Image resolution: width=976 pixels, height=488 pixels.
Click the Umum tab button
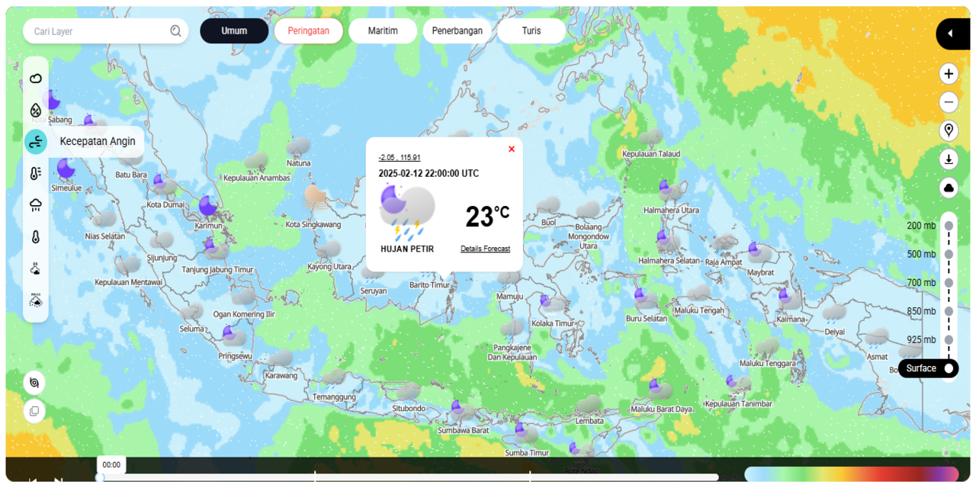pyautogui.click(x=234, y=31)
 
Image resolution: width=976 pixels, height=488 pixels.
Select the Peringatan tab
pyautogui.click(x=308, y=31)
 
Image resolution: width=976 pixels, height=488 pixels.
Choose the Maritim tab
pyautogui.click(x=383, y=31)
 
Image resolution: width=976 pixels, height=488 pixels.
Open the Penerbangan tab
pyautogui.click(x=457, y=31)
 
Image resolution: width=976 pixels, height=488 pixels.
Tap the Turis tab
pyautogui.click(x=531, y=31)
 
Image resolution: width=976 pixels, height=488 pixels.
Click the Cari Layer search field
pyautogui.click(x=99, y=31)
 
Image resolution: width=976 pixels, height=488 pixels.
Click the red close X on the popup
pyautogui.click(x=512, y=149)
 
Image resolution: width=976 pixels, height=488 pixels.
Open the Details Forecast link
pyautogui.click(x=485, y=249)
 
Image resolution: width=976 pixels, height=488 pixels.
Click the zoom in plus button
pyautogui.click(x=949, y=74)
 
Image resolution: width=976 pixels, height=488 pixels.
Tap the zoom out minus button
pyautogui.click(x=949, y=101)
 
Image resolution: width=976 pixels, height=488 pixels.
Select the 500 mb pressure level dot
pyautogui.click(x=949, y=254)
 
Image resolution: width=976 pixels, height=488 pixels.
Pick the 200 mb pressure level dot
pyautogui.click(x=949, y=226)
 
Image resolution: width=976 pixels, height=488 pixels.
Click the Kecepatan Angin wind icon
pyautogui.click(x=36, y=142)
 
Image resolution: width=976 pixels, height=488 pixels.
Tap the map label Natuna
pyautogui.click(x=299, y=163)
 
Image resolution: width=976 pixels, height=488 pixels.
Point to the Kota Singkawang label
pyautogui.click(x=313, y=224)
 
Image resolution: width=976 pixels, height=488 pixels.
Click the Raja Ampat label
pyautogui.click(x=724, y=262)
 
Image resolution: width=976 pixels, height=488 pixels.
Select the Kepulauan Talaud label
pyautogui.click(x=651, y=154)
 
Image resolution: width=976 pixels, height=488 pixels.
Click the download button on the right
pyautogui.click(x=949, y=159)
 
